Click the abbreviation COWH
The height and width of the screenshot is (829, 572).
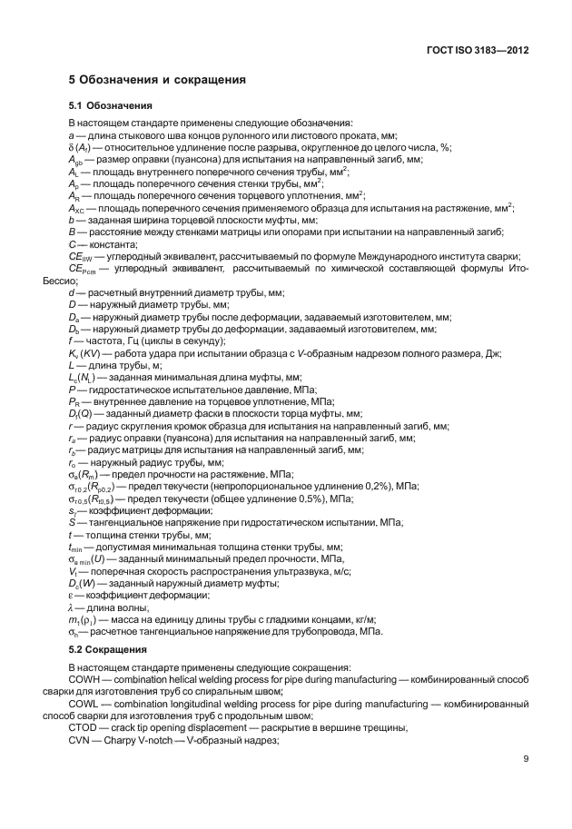pos(84,679)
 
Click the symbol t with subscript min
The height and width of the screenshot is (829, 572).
pos(76,548)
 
